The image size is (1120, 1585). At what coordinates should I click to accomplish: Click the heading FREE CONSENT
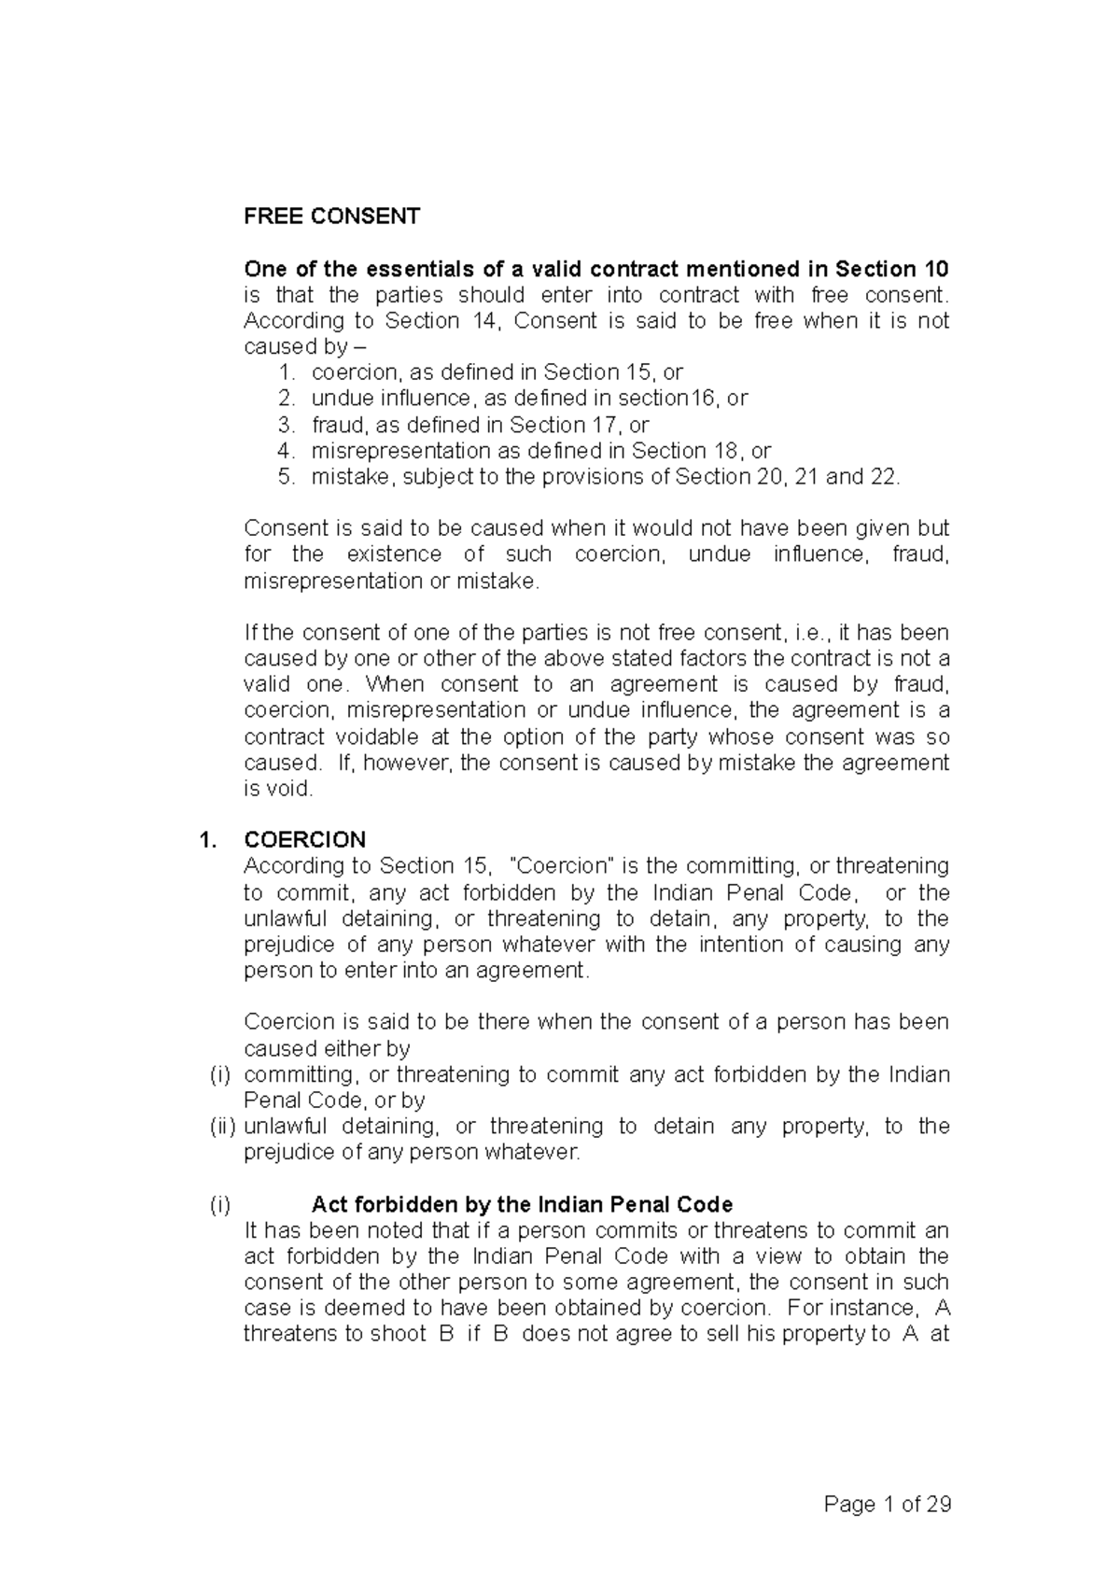331,217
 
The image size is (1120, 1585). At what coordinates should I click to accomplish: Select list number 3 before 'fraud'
287,425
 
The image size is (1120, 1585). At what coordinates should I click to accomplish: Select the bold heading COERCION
304,839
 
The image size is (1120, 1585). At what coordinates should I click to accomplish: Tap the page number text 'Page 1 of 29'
887,1505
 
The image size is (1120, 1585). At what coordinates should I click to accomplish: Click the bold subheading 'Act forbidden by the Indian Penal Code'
522,1204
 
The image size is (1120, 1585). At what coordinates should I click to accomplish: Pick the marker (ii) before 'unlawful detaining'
222,1127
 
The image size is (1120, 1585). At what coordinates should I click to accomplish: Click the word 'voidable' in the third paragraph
372,736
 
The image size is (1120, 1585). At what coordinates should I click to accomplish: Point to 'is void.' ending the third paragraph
279,789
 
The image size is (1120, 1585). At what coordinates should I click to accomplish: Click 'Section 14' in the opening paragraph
423,321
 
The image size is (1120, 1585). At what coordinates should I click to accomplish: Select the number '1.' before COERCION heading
208,839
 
